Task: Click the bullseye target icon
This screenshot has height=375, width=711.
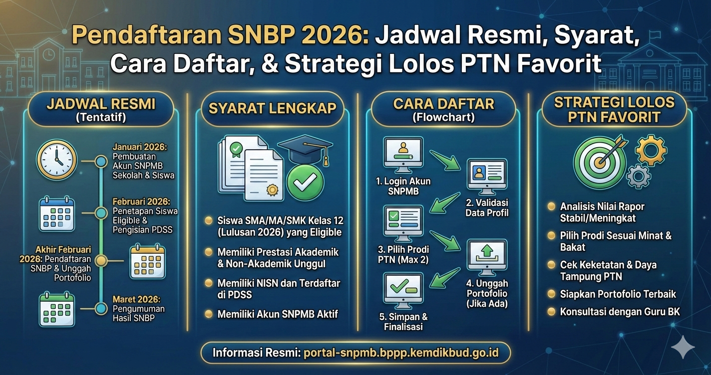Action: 600,162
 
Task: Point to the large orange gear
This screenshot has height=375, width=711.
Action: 651,150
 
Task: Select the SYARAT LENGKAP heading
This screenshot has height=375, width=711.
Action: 272,108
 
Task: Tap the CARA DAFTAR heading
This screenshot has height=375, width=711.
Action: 443,104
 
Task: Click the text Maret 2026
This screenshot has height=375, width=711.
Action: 136,300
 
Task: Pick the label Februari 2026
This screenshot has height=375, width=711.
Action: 141,202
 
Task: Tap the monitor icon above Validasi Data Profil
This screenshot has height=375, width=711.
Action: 487,176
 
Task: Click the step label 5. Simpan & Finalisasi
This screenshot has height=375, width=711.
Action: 403,322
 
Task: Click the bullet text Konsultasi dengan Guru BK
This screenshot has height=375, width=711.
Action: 620,312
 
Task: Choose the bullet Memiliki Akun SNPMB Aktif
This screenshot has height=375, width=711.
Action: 278,314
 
